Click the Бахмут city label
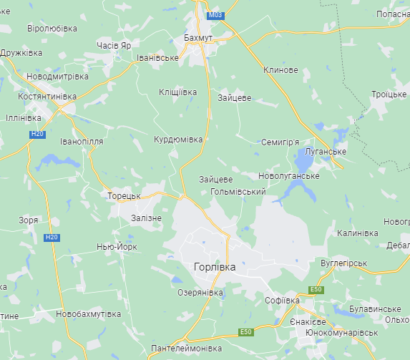click(198, 37)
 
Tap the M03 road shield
click(215, 15)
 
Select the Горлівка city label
click(214, 266)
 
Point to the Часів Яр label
click(114, 45)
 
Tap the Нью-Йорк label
click(117, 247)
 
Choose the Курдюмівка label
click(178, 140)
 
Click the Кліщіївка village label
click(177, 92)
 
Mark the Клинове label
click(280, 70)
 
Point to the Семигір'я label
click(280, 142)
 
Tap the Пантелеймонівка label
click(186, 349)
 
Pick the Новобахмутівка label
click(88, 314)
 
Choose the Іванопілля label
click(82, 142)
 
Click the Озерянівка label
click(200, 293)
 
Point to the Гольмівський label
click(239, 192)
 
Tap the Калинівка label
click(357, 233)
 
